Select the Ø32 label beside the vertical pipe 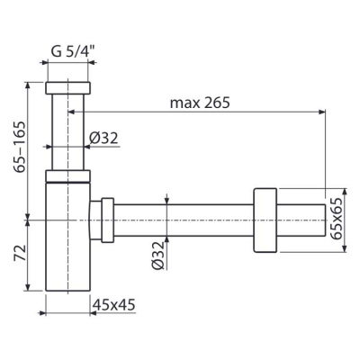pos(103,138)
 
